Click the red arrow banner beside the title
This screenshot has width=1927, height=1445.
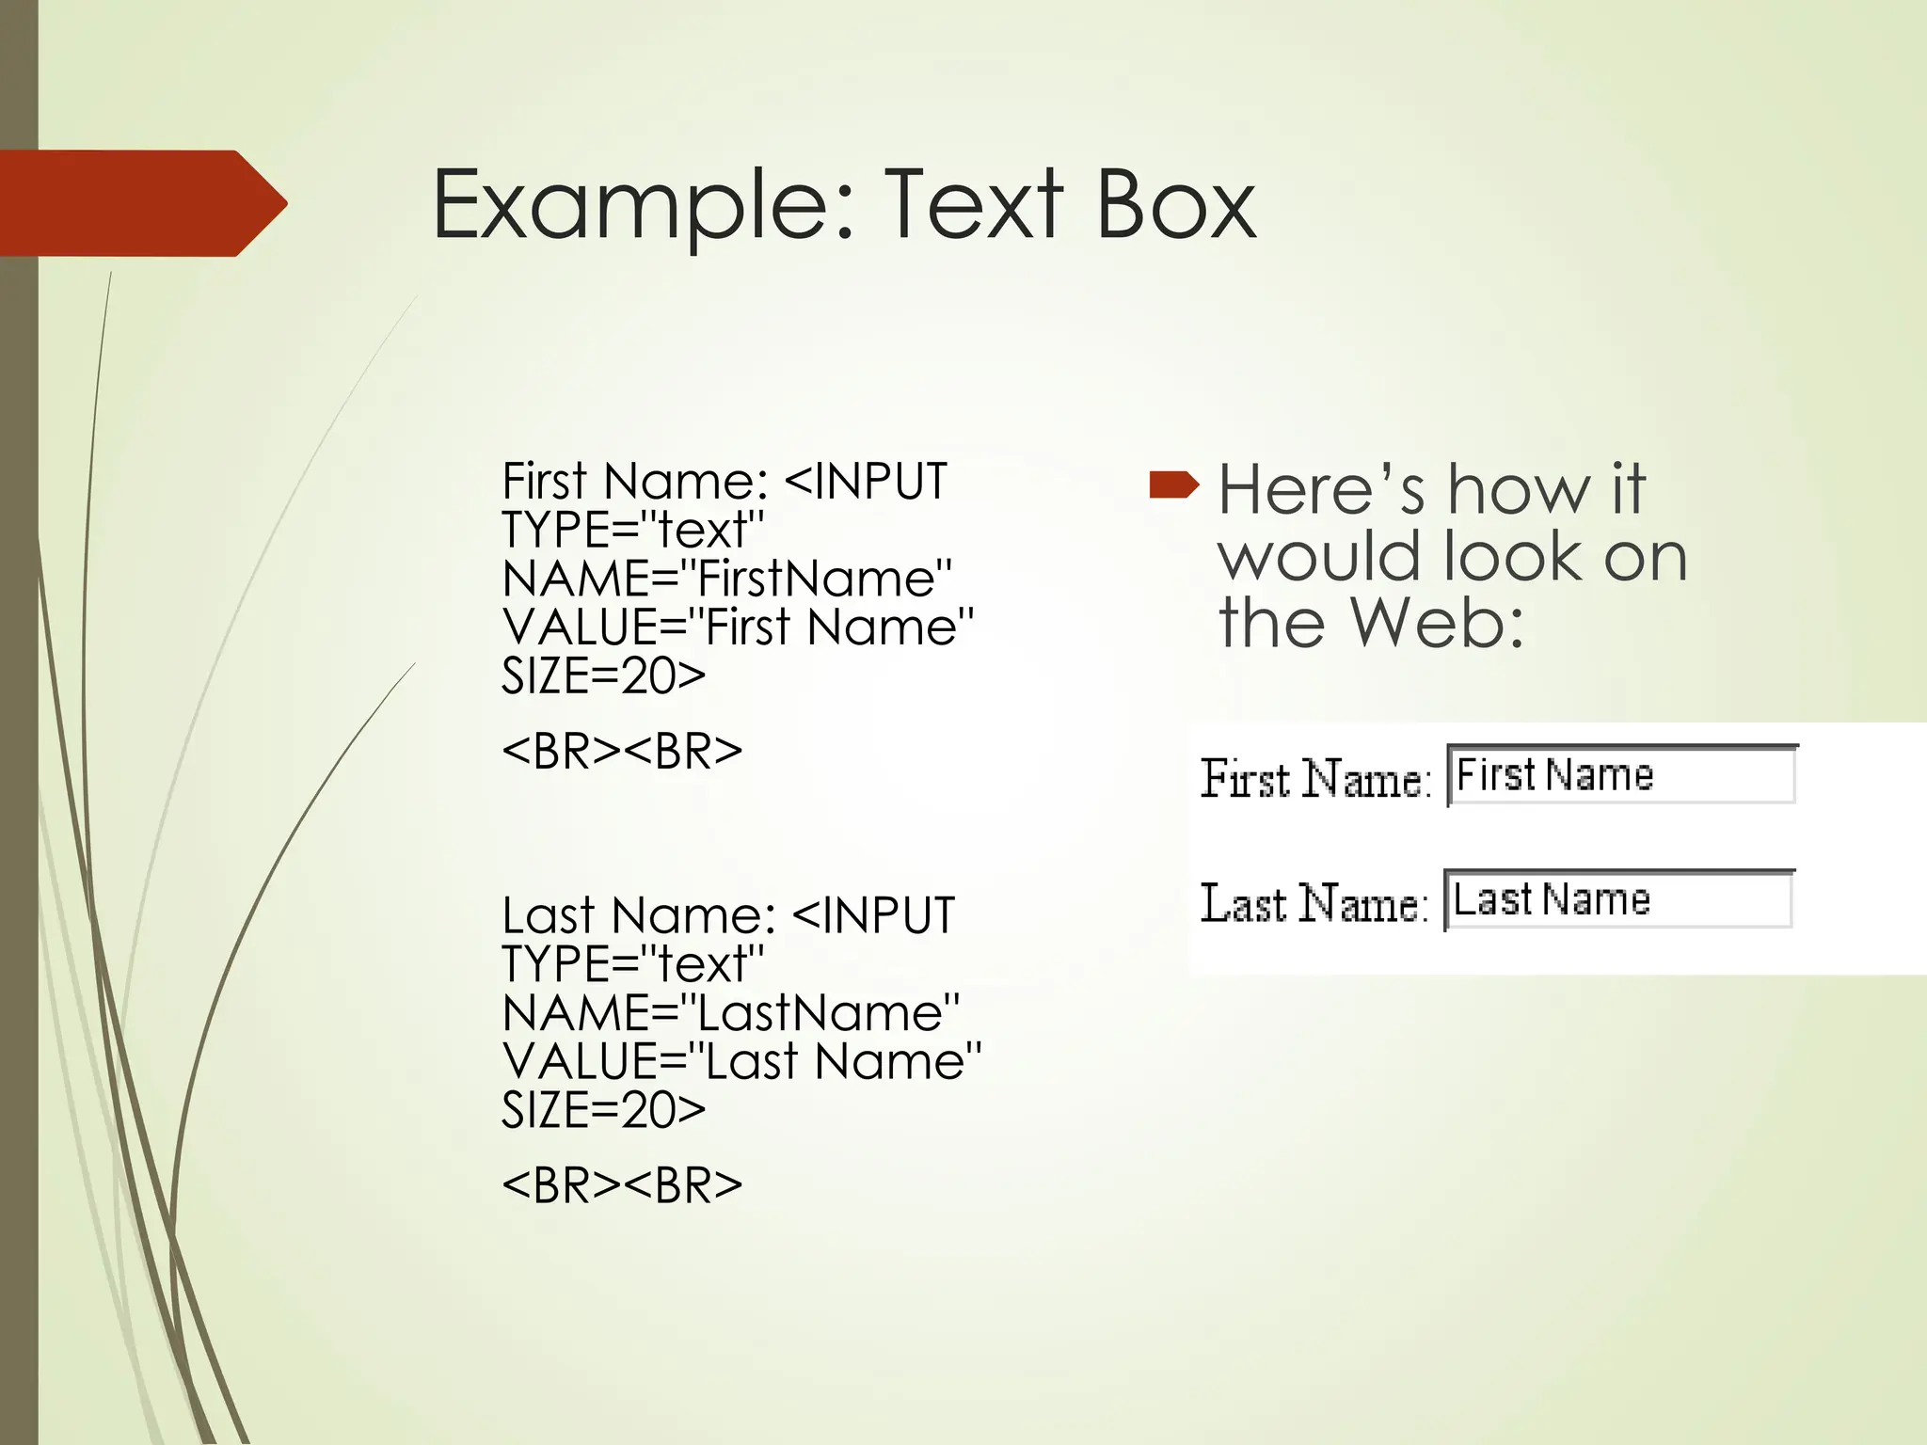(x=141, y=203)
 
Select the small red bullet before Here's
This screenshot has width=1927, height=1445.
(x=1173, y=485)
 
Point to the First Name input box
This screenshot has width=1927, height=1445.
(x=1621, y=775)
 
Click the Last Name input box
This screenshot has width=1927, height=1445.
(x=1618, y=900)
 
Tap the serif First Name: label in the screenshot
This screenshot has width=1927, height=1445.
(x=1315, y=779)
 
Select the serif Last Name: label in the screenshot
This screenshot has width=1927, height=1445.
(x=1314, y=903)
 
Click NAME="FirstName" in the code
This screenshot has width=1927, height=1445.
(x=727, y=579)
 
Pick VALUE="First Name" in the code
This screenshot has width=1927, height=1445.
(x=738, y=627)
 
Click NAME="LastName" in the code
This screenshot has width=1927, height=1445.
(x=731, y=1013)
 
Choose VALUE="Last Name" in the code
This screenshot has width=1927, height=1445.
(x=741, y=1062)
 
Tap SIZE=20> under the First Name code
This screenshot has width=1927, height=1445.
(x=603, y=676)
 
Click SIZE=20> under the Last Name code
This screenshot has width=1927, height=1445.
(x=603, y=1111)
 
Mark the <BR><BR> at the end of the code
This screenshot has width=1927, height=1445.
(x=622, y=1185)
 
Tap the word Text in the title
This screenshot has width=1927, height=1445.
(x=973, y=205)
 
